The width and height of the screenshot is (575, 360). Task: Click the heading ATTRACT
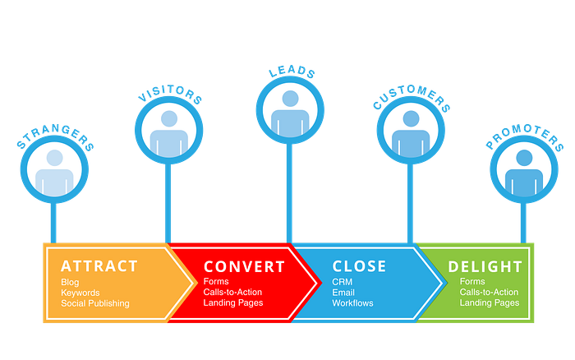pyautogui.click(x=99, y=266)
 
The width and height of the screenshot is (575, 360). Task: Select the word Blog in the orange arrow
pyautogui.click(x=71, y=283)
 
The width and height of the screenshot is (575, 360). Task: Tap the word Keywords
pyautogui.click(x=80, y=293)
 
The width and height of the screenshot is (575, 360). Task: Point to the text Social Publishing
pyautogui.click(x=95, y=303)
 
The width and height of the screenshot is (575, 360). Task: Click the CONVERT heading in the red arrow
pyautogui.click(x=244, y=266)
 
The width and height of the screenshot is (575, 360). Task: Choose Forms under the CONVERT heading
pyautogui.click(x=217, y=282)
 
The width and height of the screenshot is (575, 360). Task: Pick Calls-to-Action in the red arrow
pyautogui.click(x=233, y=293)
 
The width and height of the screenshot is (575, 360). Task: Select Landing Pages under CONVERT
pyautogui.click(x=233, y=303)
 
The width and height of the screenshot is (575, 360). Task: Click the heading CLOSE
pyautogui.click(x=359, y=266)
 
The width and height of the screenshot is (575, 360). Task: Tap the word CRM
pyautogui.click(x=343, y=282)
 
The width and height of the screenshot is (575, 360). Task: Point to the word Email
pyautogui.click(x=343, y=293)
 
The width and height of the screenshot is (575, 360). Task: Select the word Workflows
pyautogui.click(x=352, y=303)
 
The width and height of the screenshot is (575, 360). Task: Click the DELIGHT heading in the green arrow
pyautogui.click(x=485, y=266)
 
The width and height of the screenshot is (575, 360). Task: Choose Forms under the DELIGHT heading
pyautogui.click(x=472, y=282)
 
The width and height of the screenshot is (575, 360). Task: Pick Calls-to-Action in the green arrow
pyautogui.click(x=490, y=293)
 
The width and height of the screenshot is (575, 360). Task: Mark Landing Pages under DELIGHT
pyautogui.click(x=490, y=303)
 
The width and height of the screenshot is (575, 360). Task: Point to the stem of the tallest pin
pyautogui.click(x=288, y=193)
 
